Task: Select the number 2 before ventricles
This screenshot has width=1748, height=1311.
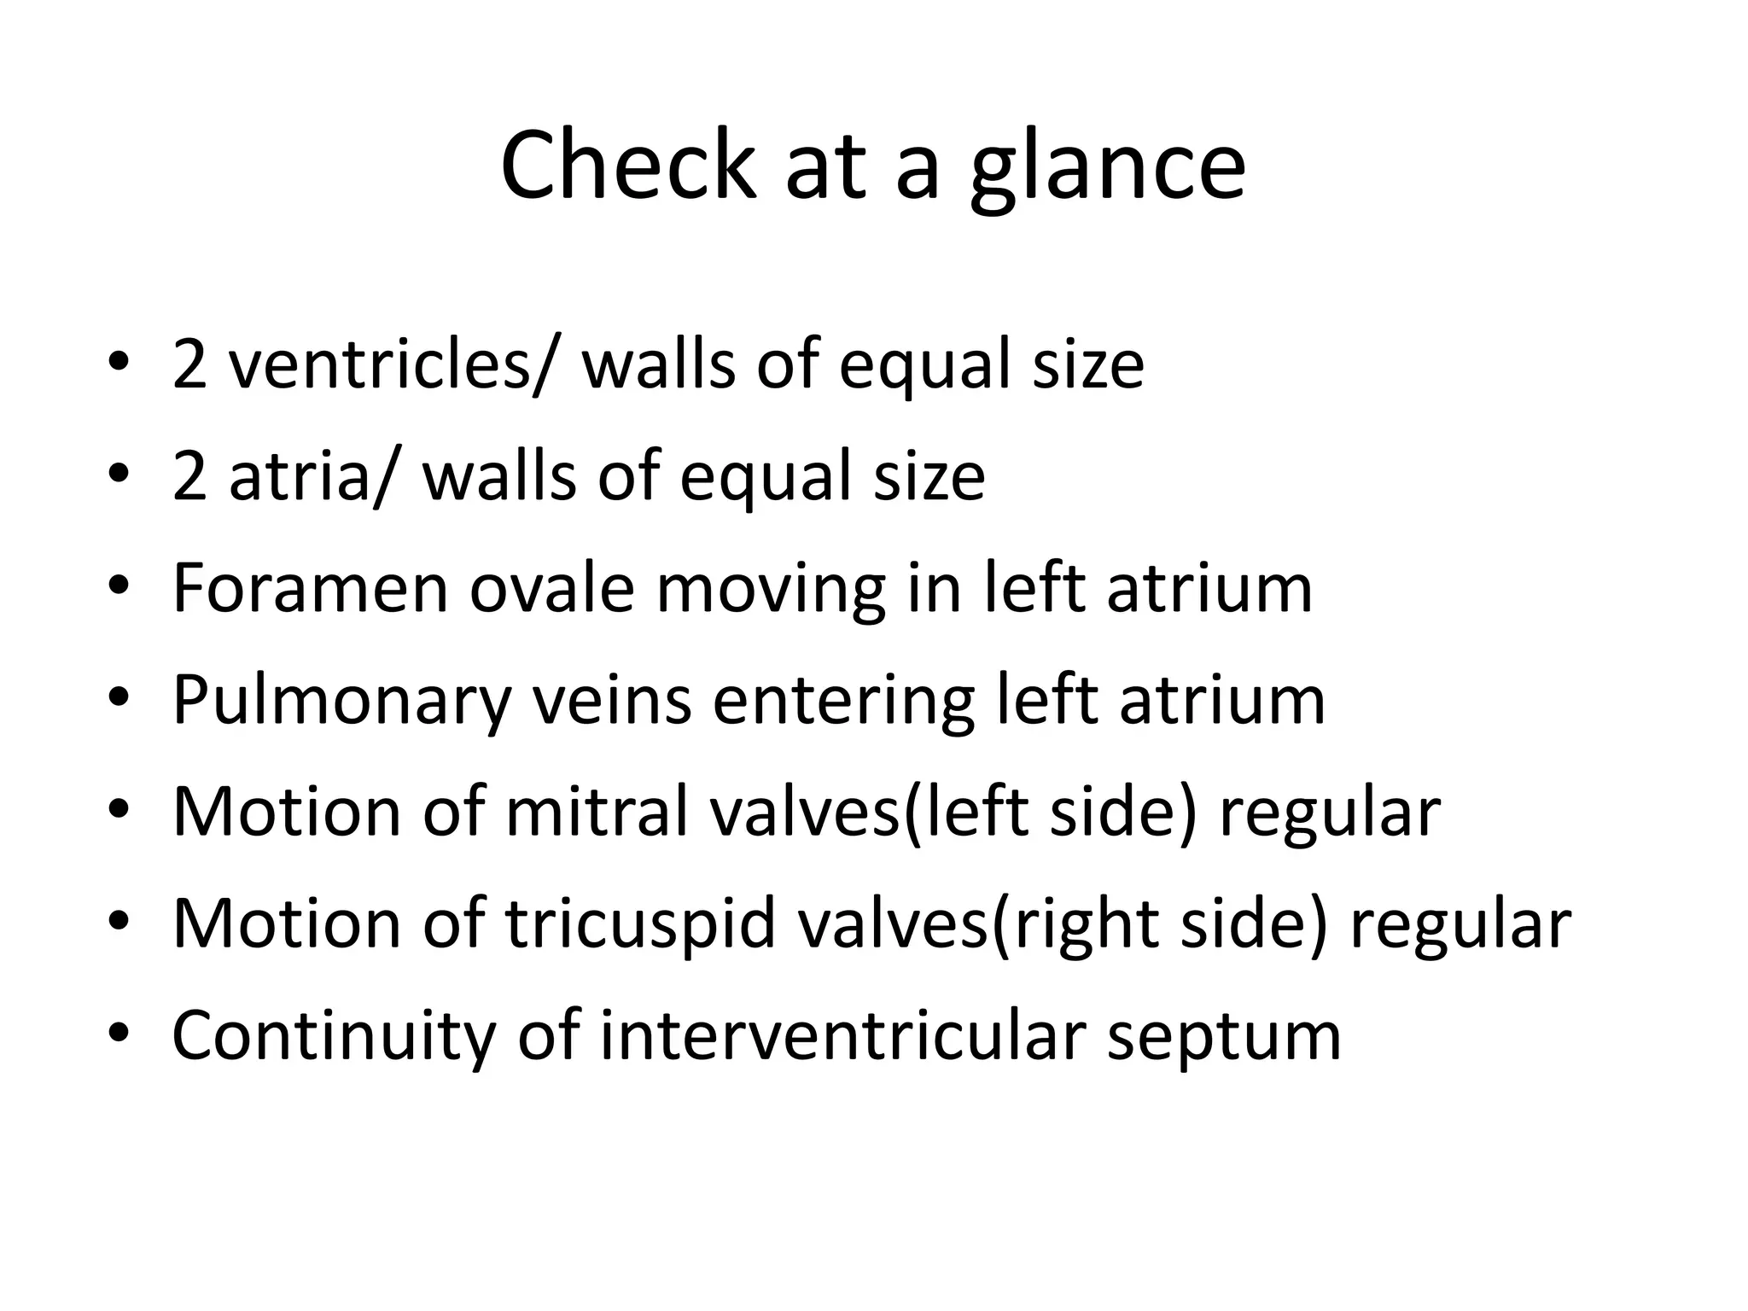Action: coord(189,364)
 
